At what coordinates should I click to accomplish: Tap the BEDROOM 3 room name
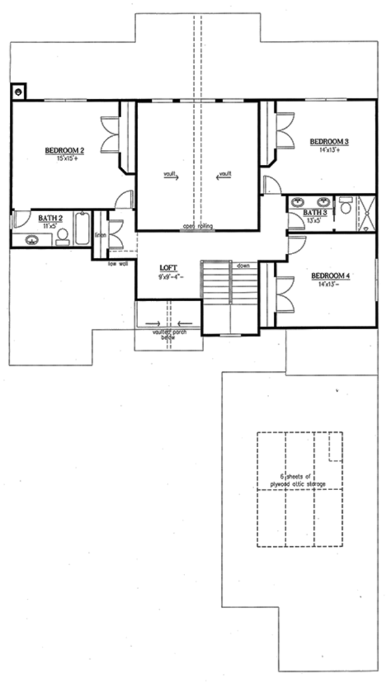click(x=330, y=141)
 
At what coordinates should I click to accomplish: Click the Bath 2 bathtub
click(x=82, y=228)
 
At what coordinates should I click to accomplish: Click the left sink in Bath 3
click(x=299, y=202)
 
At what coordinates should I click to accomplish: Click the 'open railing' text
click(x=197, y=227)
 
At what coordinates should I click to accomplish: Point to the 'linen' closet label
click(x=100, y=235)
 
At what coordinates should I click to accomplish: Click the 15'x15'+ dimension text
click(x=63, y=158)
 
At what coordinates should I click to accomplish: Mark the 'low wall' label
click(x=118, y=263)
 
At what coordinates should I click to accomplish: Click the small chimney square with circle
click(x=18, y=91)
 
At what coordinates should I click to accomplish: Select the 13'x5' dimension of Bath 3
click(x=314, y=220)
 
